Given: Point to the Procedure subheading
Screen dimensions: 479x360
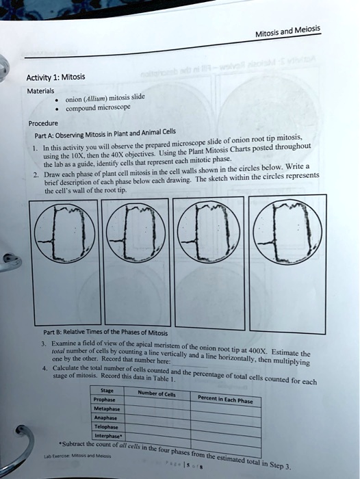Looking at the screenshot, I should point(44,124).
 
